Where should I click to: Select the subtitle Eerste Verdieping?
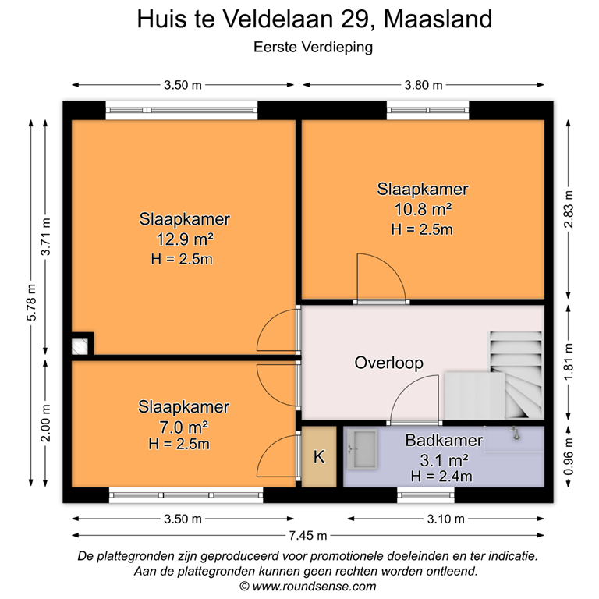314,47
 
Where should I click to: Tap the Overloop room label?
388,363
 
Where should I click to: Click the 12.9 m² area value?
185,239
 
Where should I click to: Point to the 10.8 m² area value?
423,209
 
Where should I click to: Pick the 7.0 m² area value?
183,427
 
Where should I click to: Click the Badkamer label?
444,441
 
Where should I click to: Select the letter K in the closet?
319,457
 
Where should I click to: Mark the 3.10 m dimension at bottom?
445,519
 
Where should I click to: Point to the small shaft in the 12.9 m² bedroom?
80,346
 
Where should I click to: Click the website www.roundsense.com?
313,587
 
